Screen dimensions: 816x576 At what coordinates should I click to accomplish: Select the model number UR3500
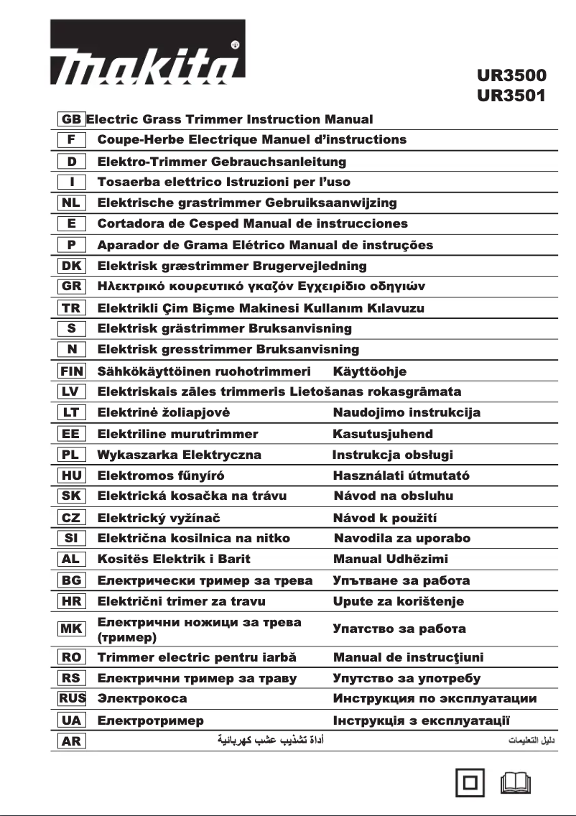(511, 75)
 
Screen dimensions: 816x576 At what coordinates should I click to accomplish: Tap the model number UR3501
(511, 95)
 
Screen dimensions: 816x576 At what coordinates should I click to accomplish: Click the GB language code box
(71, 119)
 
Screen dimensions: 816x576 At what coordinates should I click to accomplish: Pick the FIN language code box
(71, 371)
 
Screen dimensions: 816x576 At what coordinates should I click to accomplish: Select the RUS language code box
(71, 698)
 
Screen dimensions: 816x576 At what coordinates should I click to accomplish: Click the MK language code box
(71, 629)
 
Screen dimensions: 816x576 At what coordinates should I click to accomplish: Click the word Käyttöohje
(369, 371)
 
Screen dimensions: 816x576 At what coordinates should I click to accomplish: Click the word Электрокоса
(142, 698)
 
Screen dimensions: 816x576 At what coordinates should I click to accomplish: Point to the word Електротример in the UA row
(150, 720)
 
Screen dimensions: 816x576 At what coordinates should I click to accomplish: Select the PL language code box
(71, 455)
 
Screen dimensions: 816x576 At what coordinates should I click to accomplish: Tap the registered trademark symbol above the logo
(235, 45)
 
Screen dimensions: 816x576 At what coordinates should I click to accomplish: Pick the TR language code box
(71, 308)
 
